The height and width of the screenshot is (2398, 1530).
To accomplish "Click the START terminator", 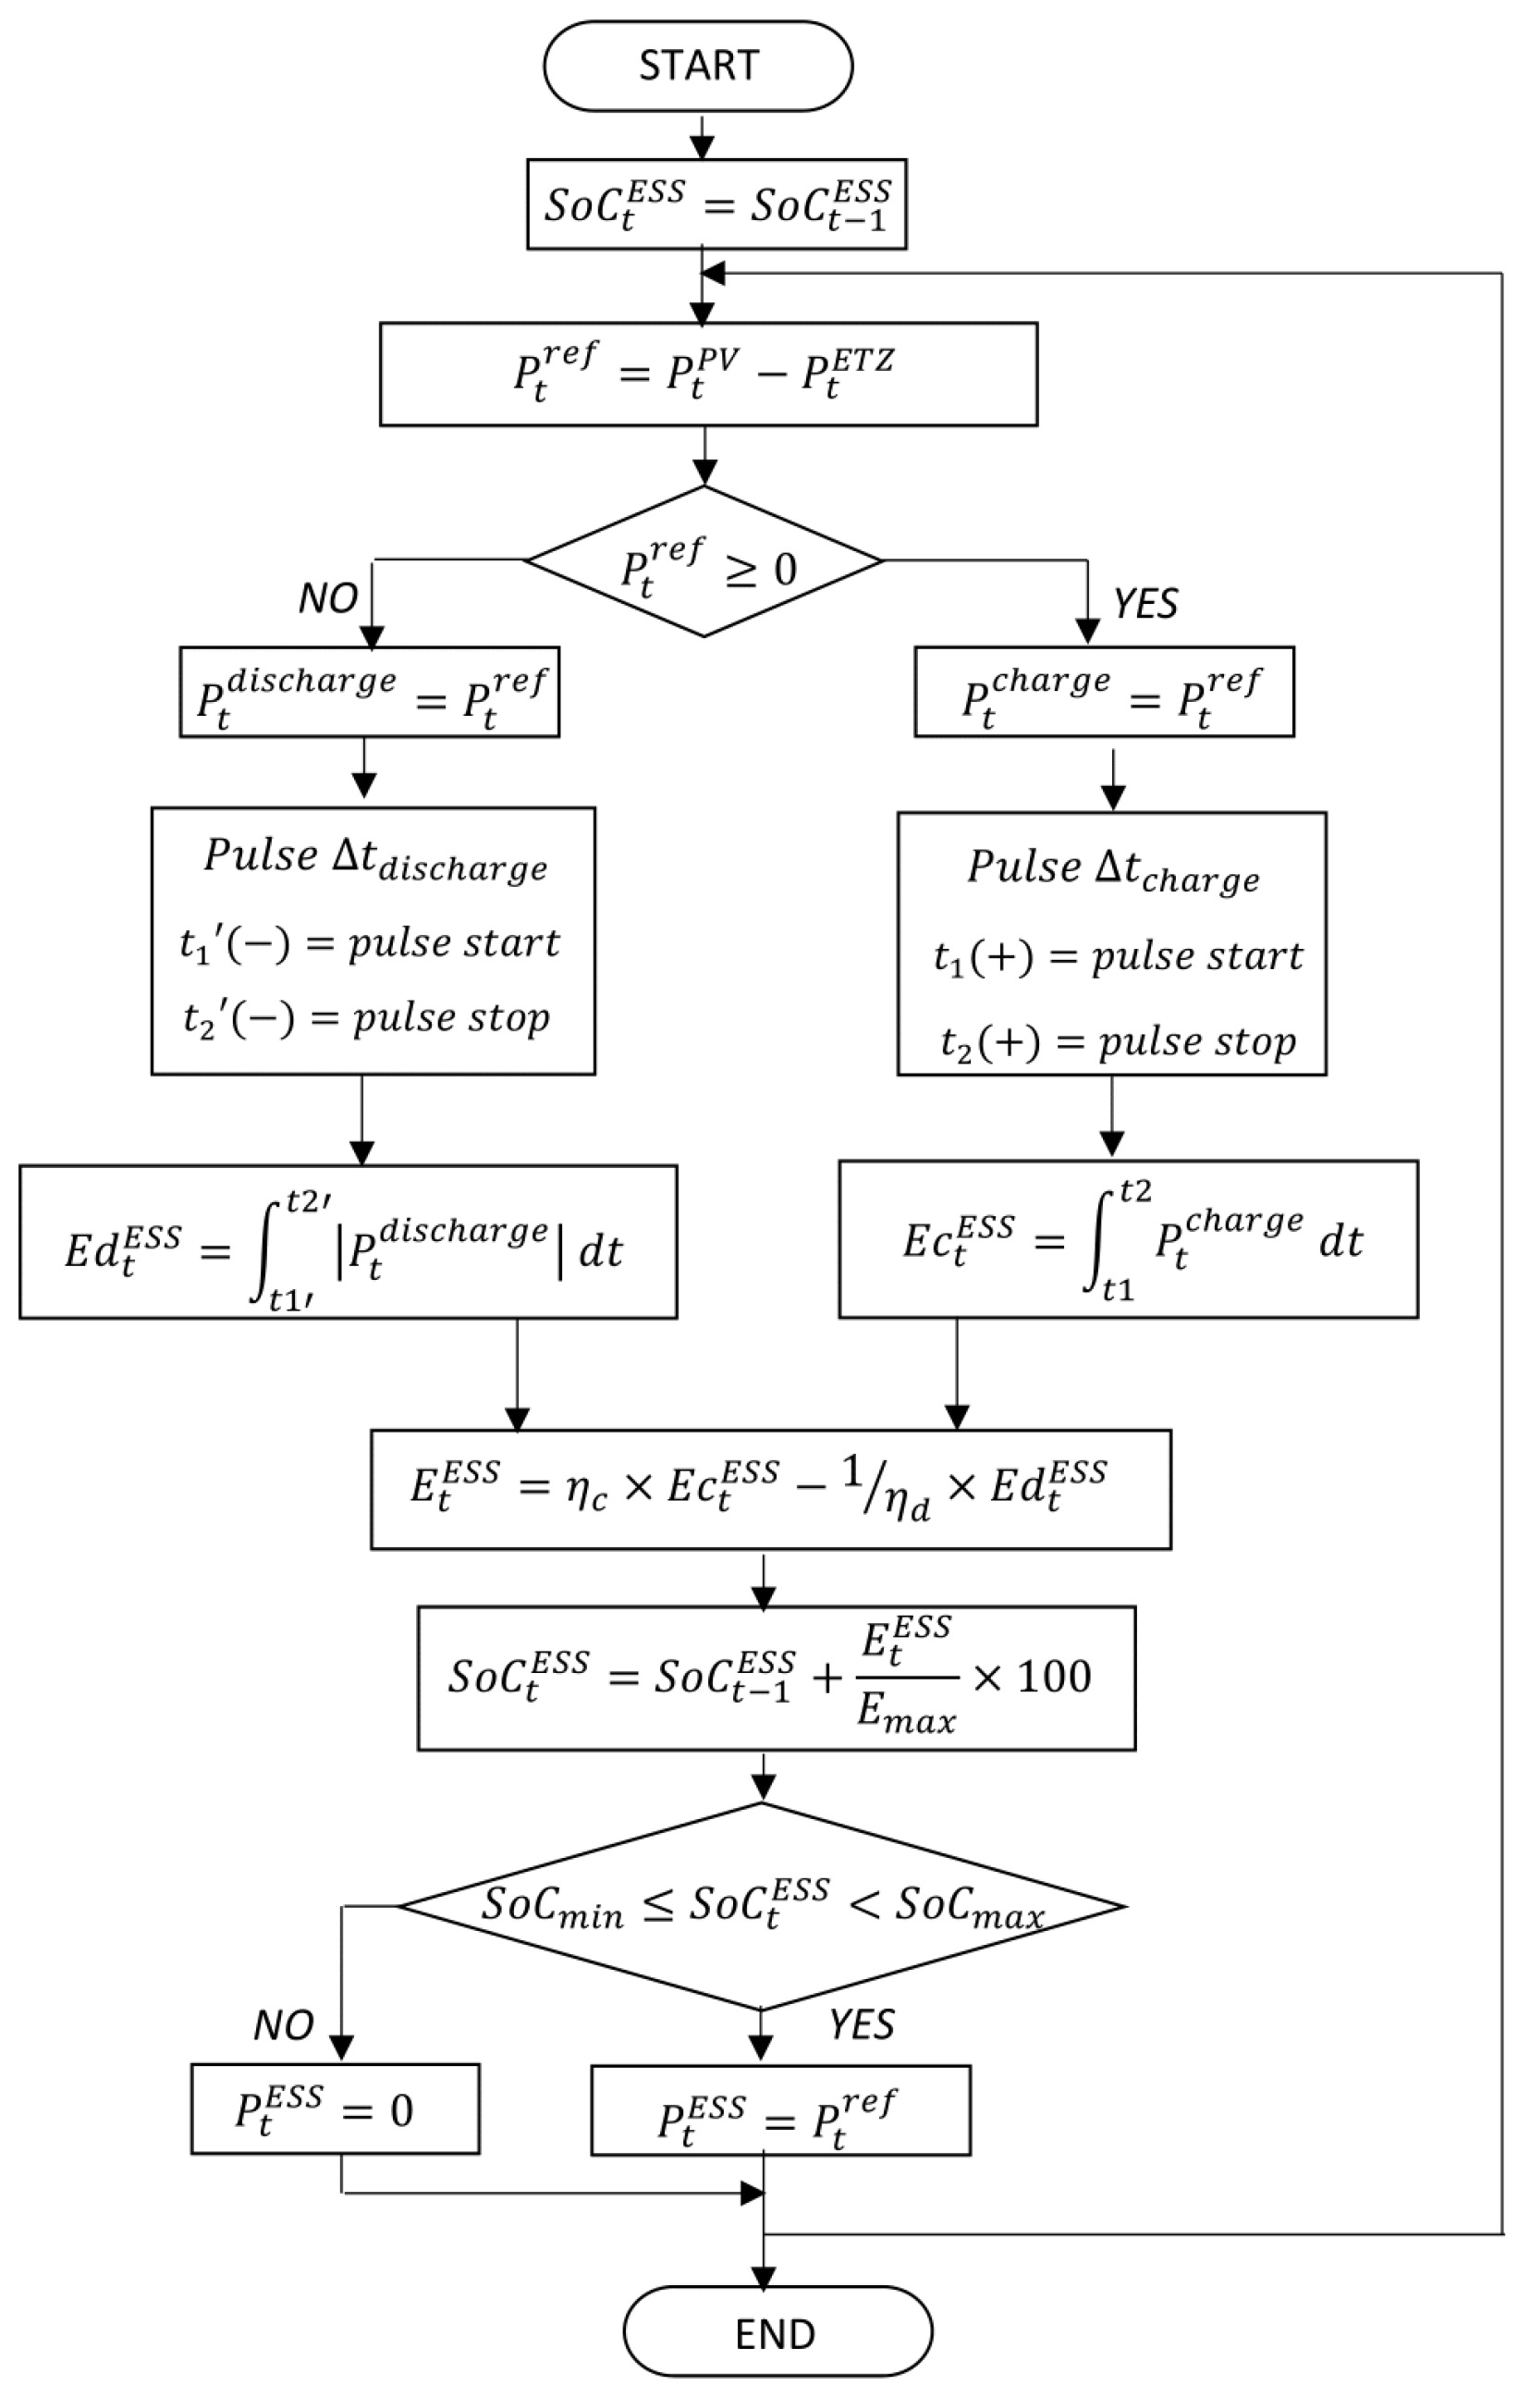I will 698,66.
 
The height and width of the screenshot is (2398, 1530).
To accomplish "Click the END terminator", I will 777,2333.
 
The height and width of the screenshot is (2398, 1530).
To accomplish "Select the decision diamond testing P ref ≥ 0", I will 704,561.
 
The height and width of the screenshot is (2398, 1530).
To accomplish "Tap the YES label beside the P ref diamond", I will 1145,604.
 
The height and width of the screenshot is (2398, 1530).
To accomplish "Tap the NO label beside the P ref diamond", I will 328,598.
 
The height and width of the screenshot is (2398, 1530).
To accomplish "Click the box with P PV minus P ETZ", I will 708,375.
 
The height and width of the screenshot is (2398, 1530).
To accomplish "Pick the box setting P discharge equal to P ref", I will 369,693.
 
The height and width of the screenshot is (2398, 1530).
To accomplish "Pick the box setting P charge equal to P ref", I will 1104,693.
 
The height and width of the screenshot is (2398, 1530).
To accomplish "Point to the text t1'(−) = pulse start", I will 369,942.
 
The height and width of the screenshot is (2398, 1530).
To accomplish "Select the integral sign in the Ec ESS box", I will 1097,1241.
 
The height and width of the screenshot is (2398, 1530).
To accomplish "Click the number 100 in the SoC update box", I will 1054,1676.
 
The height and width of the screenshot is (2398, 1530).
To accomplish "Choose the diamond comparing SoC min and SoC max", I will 763,1906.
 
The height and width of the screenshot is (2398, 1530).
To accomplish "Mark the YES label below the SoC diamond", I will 862,2024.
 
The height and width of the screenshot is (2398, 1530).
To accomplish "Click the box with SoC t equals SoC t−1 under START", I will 716,204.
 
